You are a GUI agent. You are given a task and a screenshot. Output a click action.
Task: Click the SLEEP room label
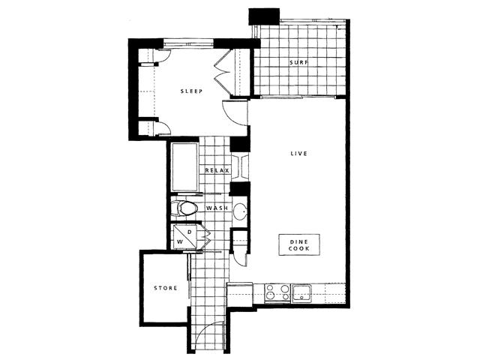pyautogui.click(x=191, y=91)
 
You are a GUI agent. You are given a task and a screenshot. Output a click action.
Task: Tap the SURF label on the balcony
pyautogui.click(x=298, y=62)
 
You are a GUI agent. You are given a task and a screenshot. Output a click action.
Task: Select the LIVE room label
pyautogui.click(x=298, y=153)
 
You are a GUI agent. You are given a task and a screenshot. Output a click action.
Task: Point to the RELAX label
pyautogui.click(x=217, y=170)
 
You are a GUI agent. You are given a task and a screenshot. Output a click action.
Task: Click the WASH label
pyautogui.click(x=217, y=208)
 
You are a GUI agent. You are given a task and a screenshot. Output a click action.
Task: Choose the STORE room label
pyautogui.click(x=166, y=288)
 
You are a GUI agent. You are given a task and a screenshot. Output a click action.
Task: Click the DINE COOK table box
pyautogui.click(x=299, y=245)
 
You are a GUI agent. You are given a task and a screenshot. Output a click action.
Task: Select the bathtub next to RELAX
pyautogui.click(x=184, y=166)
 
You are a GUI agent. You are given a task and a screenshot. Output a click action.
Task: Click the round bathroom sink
pyautogui.click(x=241, y=211)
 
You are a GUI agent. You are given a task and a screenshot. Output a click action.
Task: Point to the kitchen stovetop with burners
pyautogui.click(x=277, y=292)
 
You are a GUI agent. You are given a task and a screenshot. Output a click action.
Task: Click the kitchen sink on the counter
pyautogui.click(x=301, y=293)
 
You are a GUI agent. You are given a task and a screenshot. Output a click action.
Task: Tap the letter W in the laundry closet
pyautogui.click(x=180, y=241)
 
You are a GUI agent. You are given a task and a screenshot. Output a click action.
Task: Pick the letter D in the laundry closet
pyautogui.click(x=190, y=232)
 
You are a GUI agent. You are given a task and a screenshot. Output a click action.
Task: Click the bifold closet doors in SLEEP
pyautogui.click(x=222, y=72)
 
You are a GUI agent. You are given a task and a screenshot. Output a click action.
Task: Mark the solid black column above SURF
pyautogui.click(x=264, y=16)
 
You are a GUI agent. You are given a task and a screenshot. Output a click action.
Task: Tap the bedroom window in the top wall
pyautogui.click(x=188, y=43)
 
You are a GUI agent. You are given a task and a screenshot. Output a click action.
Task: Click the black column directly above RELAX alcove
pyautogui.click(x=239, y=144)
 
